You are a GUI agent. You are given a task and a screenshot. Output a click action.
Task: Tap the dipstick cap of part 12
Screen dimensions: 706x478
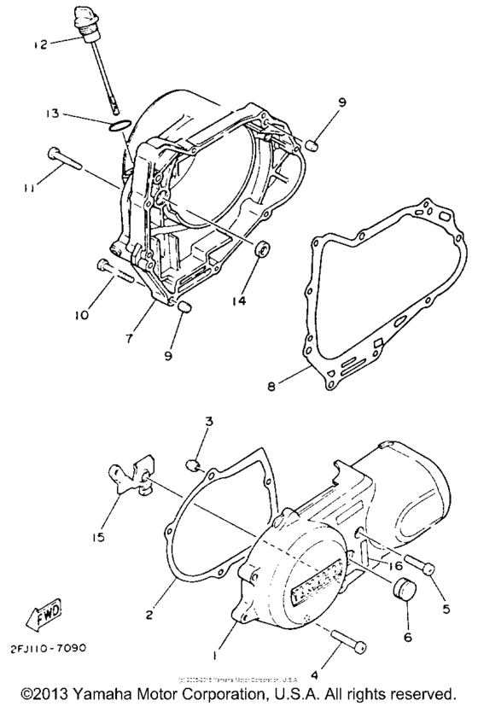pyautogui.click(x=90, y=23)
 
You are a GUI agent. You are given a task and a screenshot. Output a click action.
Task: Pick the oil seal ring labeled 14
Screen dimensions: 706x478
pyautogui.click(x=265, y=249)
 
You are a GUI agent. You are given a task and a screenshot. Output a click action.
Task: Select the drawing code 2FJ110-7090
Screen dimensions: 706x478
pyautogui.click(x=49, y=646)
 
